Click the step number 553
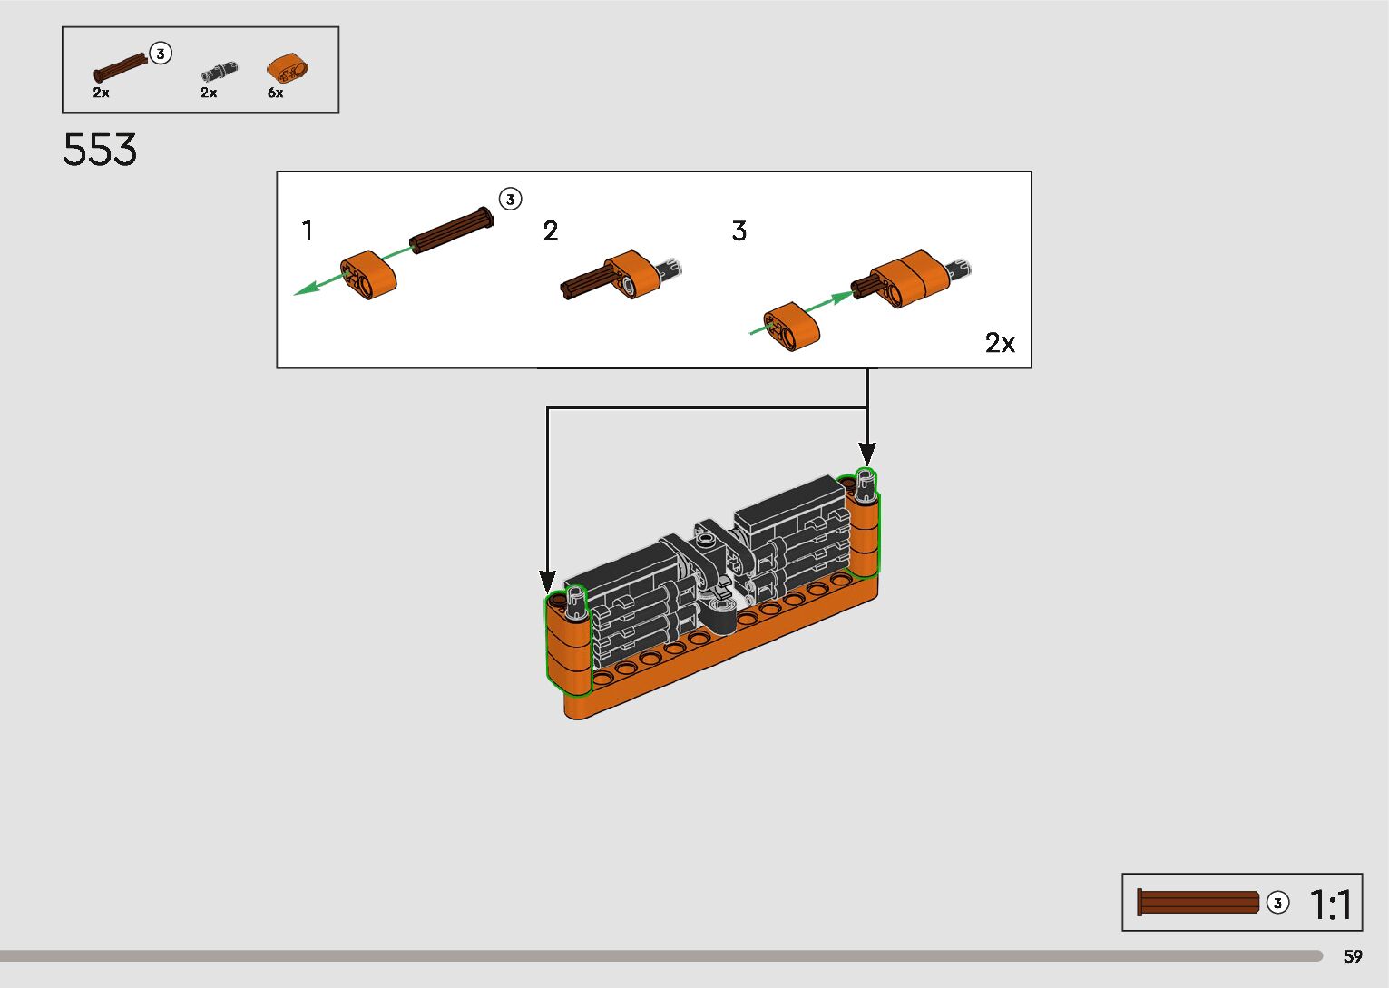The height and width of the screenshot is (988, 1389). point(100,150)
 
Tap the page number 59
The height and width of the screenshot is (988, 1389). point(1353,956)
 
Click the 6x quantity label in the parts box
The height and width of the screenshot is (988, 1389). point(275,93)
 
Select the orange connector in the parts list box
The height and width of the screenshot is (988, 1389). point(288,68)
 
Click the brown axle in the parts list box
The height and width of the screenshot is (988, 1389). point(120,69)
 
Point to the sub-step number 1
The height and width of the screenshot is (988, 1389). point(308,231)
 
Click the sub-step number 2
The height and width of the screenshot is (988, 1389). point(551,231)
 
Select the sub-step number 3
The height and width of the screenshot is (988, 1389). point(739,231)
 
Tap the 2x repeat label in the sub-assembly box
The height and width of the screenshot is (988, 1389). point(1000,343)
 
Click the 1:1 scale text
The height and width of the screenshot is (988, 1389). point(1331,905)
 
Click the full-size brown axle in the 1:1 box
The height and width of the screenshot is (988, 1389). point(1198,902)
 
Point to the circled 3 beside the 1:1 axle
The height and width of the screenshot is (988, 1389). point(1277,903)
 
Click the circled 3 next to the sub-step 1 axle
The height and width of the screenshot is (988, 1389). point(511,199)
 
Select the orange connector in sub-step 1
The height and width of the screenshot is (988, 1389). point(369,275)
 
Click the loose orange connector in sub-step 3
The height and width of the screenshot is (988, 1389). point(792,326)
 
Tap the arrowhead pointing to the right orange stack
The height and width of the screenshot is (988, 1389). point(867,454)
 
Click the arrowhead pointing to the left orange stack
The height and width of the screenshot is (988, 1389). point(547,582)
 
